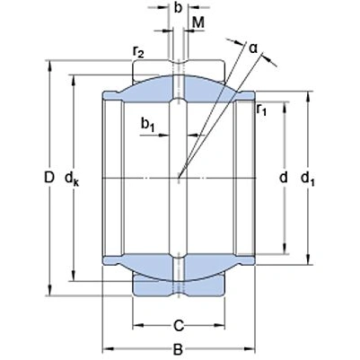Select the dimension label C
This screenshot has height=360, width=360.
(180, 324)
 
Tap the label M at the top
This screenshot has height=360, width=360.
(198, 22)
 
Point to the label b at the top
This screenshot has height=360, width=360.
(179, 10)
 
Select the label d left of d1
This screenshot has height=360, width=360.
(284, 179)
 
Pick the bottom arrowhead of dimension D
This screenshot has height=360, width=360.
(50, 291)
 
